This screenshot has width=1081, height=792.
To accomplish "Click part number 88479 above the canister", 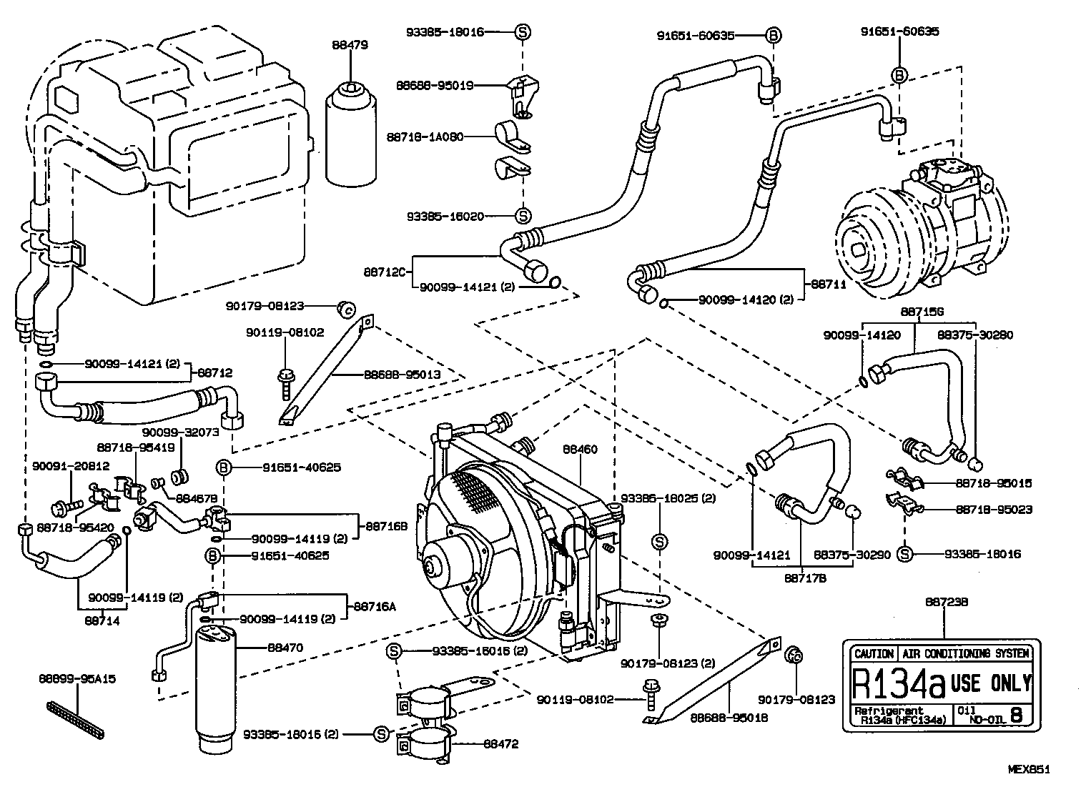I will [x=350, y=44].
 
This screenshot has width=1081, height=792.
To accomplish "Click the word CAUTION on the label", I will [x=873, y=653].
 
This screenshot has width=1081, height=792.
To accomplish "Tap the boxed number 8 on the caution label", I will [x=1017, y=713].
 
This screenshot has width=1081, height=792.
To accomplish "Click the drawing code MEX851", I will [x=1029, y=770].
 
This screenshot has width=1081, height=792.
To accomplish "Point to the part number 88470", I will [x=285, y=648].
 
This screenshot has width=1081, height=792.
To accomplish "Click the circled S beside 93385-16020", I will [x=523, y=215].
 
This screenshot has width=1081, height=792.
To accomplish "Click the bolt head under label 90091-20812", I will [x=59, y=508].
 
